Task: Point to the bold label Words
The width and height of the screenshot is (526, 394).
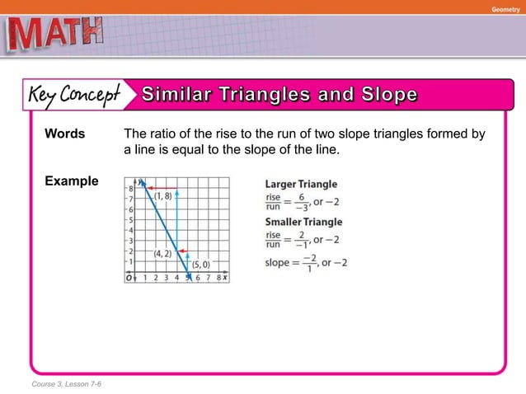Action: tap(65, 134)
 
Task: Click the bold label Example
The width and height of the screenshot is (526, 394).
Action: tap(72, 181)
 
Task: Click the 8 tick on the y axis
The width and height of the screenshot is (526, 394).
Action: tap(130, 189)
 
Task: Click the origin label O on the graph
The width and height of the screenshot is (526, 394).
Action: tap(129, 279)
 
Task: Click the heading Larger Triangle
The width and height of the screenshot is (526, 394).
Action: tap(300, 184)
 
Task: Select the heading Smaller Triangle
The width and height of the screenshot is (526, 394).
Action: tap(303, 222)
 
